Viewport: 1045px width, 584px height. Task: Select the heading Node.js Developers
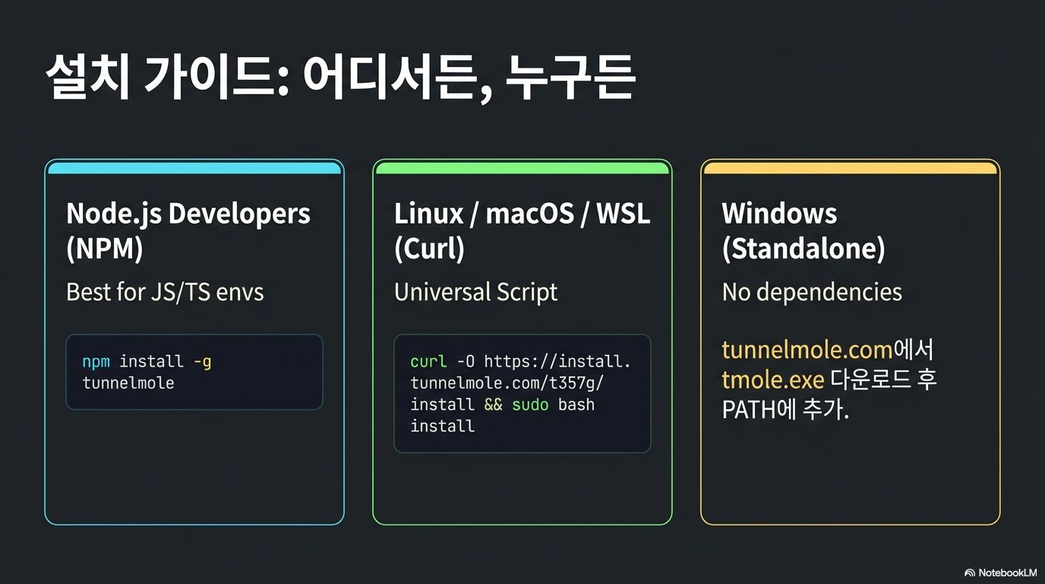[188, 214]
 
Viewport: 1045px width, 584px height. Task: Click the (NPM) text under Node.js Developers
[104, 249]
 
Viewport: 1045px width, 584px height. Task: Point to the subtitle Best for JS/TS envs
[165, 292]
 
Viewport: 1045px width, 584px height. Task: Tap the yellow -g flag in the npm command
[202, 361]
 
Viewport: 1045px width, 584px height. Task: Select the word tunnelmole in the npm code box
[128, 382]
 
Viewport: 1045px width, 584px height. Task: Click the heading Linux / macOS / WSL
[522, 214]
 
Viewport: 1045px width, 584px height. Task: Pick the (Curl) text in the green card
[429, 249]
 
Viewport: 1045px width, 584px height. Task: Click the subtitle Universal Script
[475, 292]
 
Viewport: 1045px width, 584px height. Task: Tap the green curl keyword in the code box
[428, 361]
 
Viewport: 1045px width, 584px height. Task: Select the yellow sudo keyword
[530, 404]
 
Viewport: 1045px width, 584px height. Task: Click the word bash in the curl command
[576, 404]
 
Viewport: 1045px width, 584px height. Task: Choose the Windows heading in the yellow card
[779, 214]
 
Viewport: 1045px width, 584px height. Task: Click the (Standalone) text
[803, 249]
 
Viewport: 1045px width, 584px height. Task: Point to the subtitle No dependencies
[812, 292]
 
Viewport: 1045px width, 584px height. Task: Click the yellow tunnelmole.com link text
[807, 350]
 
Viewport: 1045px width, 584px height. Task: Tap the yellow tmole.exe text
[772, 379]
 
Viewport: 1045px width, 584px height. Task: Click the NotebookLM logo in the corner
[1000, 572]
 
